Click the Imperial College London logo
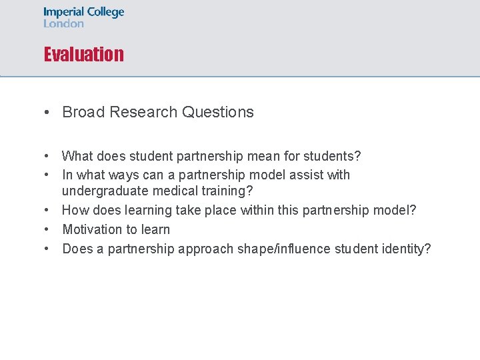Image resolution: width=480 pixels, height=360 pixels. [83, 17]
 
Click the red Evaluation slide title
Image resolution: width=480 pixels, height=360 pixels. [83, 54]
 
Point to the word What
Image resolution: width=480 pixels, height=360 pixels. [77, 156]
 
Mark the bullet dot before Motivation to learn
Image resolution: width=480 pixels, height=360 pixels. [49, 229]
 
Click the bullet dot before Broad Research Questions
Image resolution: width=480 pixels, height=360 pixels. [49, 112]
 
